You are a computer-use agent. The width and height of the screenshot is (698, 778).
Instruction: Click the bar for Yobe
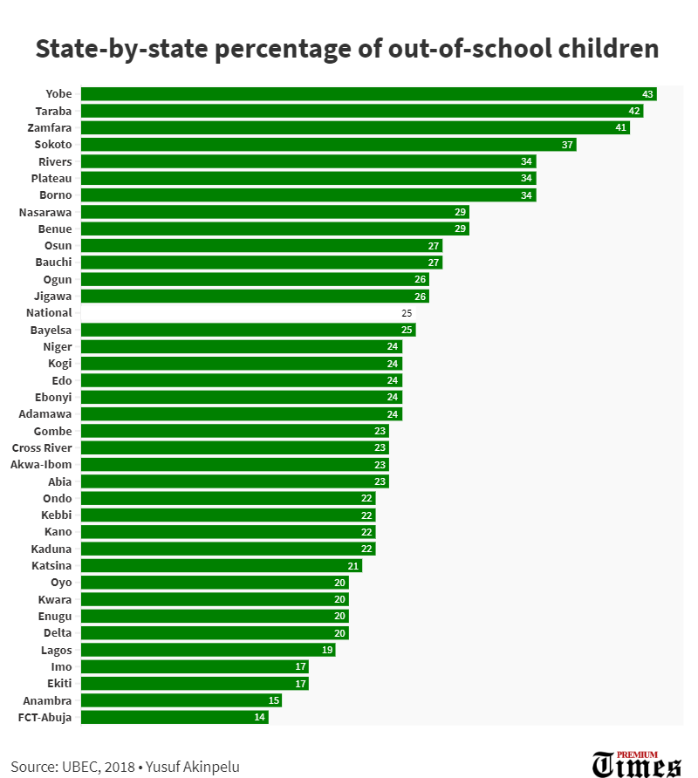click(x=367, y=94)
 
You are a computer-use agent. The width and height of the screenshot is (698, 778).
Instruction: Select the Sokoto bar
click(x=328, y=145)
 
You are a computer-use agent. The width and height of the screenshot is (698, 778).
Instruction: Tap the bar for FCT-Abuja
click(x=174, y=718)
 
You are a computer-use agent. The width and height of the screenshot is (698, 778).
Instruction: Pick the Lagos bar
click(x=208, y=650)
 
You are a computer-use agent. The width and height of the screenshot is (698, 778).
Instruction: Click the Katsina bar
click(x=221, y=566)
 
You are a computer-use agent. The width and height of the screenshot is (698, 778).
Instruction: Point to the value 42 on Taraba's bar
click(x=634, y=112)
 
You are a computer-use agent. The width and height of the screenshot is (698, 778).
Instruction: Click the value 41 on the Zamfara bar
click(x=621, y=128)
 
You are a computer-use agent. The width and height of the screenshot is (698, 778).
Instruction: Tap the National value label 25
click(x=407, y=313)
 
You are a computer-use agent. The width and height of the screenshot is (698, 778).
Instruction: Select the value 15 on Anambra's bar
click(x=273, y=701)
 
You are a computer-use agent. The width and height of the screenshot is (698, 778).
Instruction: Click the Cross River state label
click(x=42, y=448)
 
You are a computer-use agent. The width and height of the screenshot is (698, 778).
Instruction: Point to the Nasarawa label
click(x=45, y=212)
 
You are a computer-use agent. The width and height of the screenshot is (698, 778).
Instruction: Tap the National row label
click(x=49, y=313)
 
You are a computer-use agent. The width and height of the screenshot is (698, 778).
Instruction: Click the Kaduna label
click(x=51, y=549)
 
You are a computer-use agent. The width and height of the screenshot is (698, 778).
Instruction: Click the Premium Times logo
click(x=636, y=763)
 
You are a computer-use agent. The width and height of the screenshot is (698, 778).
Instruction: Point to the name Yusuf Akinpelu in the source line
click(x=192, y=768)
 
